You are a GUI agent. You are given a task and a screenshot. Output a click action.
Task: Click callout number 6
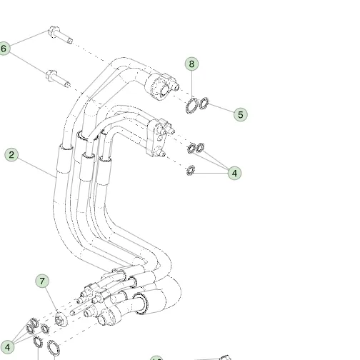pos(4,49)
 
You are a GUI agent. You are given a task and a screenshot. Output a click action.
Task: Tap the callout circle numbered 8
pos(191,64)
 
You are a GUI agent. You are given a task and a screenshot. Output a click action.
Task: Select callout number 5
pos(241,114)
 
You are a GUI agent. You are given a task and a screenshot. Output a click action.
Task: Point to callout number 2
pos(11,155)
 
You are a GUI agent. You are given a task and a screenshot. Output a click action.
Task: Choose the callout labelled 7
pos(42,281)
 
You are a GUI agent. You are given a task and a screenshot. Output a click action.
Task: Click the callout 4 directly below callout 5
pos(234,173)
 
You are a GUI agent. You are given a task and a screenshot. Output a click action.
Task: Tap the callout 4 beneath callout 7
pos(7,347)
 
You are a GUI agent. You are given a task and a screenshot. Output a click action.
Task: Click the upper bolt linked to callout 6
pos(60,35)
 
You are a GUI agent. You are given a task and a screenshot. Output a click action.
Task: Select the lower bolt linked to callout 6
pos(58,79)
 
